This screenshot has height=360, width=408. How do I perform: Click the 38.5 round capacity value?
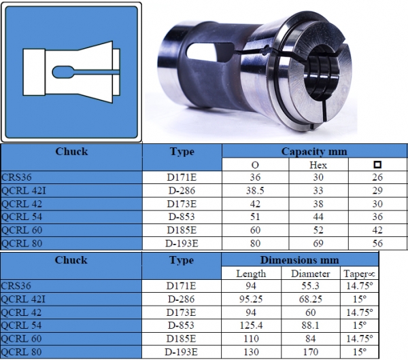point(255,191)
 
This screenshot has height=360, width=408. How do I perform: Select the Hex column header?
point(318,165)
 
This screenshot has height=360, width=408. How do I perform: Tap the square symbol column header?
point(377,164)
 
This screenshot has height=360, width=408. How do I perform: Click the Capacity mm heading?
point(314,151)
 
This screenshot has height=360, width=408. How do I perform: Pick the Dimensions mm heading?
point(299,260)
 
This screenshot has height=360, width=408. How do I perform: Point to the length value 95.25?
point(251,299)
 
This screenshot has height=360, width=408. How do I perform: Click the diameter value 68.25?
point(311,299)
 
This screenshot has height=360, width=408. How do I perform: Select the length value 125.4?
point(251,325)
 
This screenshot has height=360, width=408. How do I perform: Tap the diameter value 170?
point(311,352)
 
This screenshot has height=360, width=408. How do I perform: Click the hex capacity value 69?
point(318,243)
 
